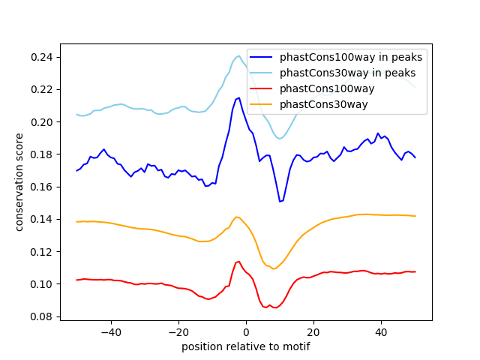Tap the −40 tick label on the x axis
110,331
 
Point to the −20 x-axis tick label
178,331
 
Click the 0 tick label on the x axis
246,331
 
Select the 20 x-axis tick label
313,331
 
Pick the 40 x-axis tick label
381,331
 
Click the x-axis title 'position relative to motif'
245,346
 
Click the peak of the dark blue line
238,97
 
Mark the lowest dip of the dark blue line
280,201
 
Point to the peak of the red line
238,262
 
